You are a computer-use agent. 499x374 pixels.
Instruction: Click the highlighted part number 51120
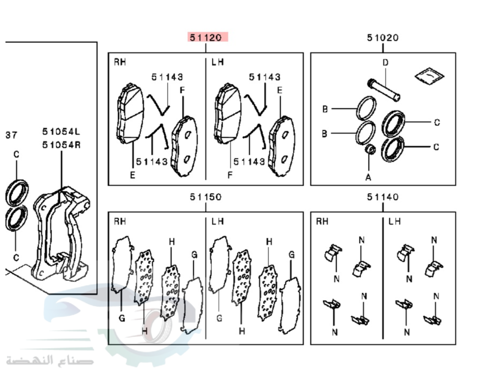pos(206,37)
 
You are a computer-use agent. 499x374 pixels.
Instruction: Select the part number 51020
pos(383,37)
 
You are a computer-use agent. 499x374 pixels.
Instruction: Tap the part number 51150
pos(206,197)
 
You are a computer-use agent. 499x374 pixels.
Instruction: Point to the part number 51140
pos(383,197)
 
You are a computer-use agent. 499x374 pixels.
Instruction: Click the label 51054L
pos(61,131)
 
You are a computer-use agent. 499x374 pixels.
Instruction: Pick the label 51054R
pos(61,145)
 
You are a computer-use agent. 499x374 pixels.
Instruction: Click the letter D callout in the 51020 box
pos(385,62)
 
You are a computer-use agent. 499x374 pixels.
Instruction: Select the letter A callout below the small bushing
pos(368,177)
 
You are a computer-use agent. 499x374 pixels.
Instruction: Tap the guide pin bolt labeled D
pos(383,90)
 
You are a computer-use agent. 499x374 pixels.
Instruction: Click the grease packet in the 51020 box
pos(429,76)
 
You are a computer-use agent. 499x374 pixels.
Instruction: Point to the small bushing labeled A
pos(370,149)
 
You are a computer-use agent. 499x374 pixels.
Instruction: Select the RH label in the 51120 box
pos(120,62)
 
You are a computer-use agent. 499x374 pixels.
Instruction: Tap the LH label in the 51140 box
pos(394,221)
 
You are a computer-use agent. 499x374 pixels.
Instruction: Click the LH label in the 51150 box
pos(218,221)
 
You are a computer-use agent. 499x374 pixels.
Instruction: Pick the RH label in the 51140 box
pos(322,221)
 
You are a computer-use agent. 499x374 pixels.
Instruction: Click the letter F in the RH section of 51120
pos(182,90)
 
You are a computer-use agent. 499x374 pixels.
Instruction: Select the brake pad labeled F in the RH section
pos(185,146)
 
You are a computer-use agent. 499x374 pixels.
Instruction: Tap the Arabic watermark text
pos(50,361)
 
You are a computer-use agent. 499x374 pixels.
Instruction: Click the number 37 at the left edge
pos(11,135)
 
